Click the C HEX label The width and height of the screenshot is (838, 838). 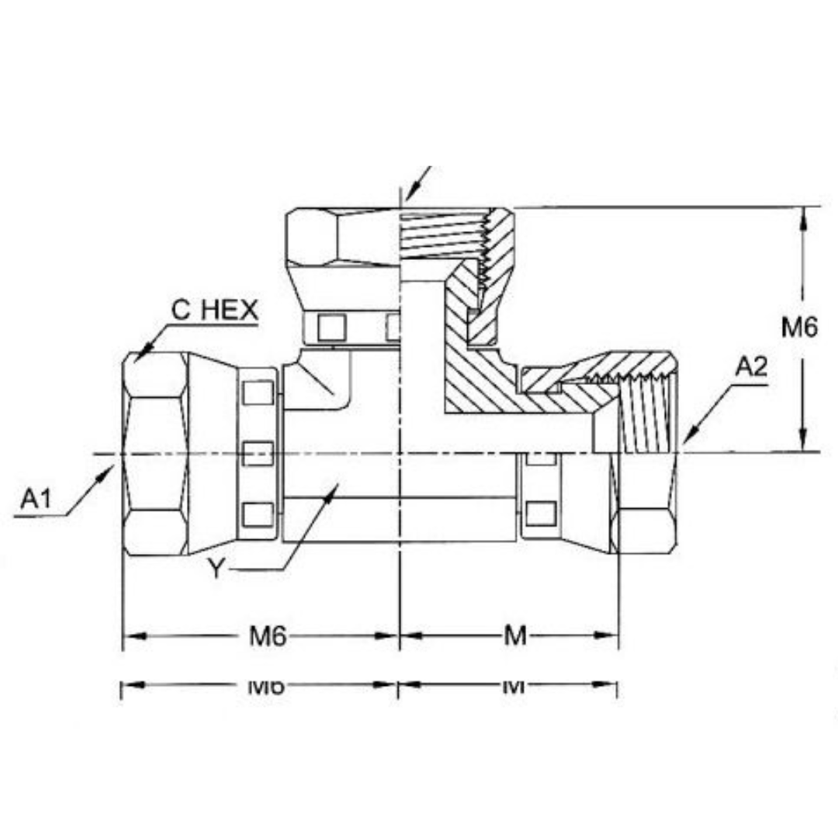(x=213, y=310)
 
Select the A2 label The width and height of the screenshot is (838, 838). (x=750, y=367)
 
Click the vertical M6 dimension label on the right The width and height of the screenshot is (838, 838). (x=799, y=328)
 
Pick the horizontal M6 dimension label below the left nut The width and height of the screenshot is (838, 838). (x=268, y=636)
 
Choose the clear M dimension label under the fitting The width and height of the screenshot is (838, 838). (x=515, y=636)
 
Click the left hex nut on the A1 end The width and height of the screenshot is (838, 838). (x=155, y=454)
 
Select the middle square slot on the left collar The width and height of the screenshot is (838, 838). (x=258, y=452)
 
